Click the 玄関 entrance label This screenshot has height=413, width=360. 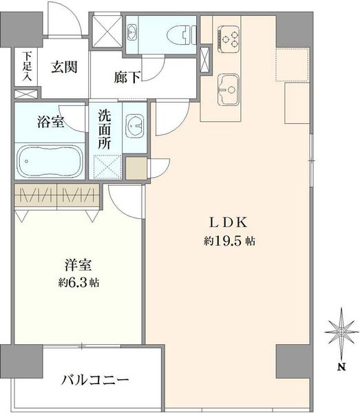click(64, 67)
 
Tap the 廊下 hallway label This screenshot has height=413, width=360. click(127, 77)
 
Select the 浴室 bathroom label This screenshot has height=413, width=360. click(50, 122)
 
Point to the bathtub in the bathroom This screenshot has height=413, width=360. click(50, 161)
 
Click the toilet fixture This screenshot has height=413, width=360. click(182, 34)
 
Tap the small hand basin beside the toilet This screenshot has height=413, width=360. click(132, 32)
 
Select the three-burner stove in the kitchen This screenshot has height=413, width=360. click(229, 39)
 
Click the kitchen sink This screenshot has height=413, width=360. click(229, 89)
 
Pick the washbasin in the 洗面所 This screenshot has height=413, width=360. click(135, 126)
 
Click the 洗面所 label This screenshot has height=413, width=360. click(105, 129)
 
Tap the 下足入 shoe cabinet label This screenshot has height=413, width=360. click(27, 66)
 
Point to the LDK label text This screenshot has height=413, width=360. click(229, 223)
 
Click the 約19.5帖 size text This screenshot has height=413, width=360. click(229, 241)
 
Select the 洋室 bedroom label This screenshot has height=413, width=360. click(78, 265)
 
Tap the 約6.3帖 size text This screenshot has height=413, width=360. click(78, 283)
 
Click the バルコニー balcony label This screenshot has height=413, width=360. click(95, 380)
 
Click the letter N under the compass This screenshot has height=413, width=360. click(341, 367)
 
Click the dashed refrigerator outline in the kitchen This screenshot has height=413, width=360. click(293, 64)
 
